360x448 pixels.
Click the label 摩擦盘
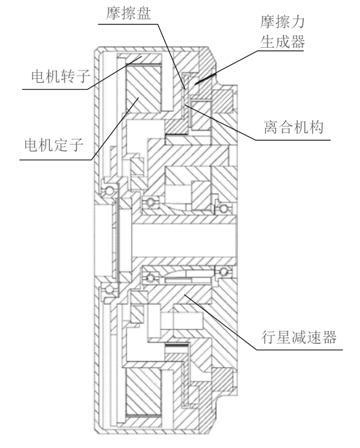[127, 13]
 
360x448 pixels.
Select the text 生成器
[281, 43]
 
